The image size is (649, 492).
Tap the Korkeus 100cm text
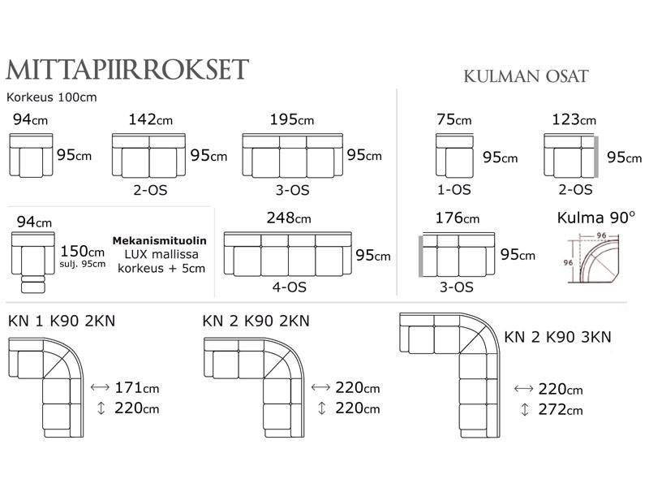52,97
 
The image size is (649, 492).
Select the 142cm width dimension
151,120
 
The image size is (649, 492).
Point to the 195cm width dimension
292,120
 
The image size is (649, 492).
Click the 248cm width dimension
288,218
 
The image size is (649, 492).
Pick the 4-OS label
289,287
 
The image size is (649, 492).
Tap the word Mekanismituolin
159,241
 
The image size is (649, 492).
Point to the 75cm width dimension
453,120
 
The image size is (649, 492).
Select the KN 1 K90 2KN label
62,320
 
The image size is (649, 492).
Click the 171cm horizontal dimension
131,388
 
